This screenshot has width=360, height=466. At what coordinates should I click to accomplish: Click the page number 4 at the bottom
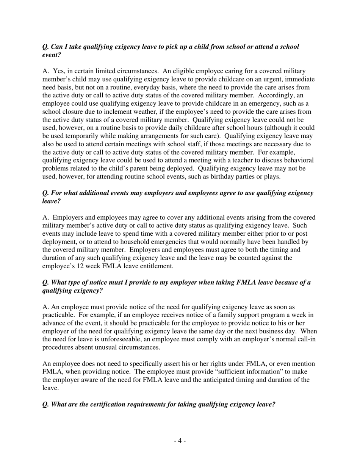pos(180,441)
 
